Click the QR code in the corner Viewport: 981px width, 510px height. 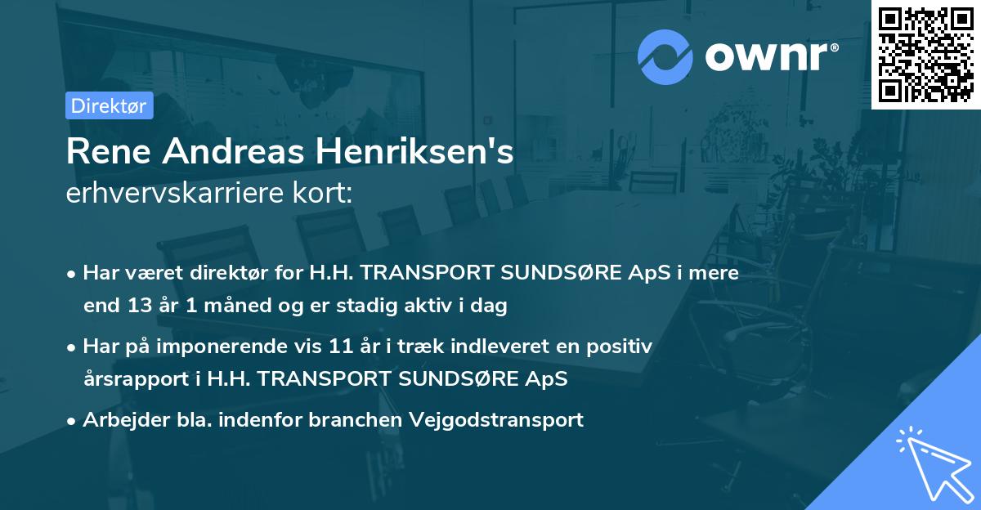pos(925,54)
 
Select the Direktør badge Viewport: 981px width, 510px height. pos(109,105)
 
